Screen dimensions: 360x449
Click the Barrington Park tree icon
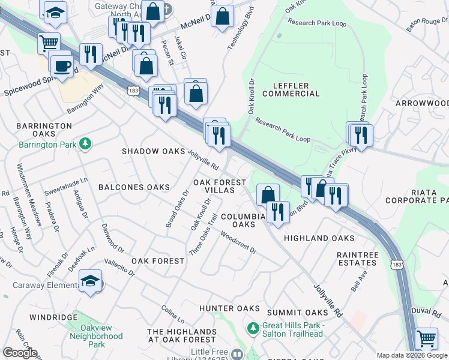point(86,145)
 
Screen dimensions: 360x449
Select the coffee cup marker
point(61,65)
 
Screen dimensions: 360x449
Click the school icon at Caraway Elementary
point(90,282)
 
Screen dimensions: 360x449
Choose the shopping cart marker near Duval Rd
point(426,338)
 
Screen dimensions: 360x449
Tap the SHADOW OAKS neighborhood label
point(153,151)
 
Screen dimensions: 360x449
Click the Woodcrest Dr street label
point(238,243)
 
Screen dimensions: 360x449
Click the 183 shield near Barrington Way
point(133,90)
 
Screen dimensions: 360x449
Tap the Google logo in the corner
point(19,353)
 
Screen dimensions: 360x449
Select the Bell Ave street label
point(362,281)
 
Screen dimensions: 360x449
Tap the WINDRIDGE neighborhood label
point(53,317)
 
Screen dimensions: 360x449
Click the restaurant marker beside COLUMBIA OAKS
point(277,212)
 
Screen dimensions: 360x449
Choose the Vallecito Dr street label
point(118,266)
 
